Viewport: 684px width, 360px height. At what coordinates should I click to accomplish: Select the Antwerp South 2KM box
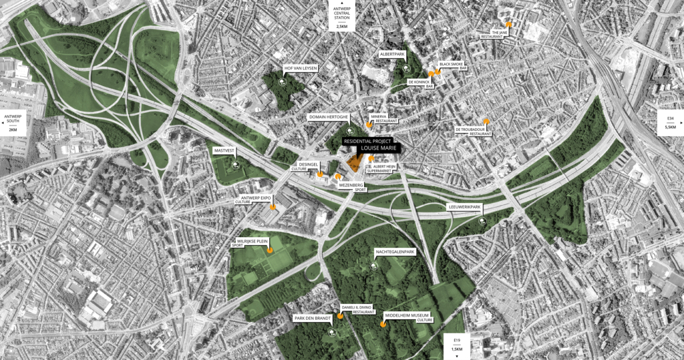[13, 122]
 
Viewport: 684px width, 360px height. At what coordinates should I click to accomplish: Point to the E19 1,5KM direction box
[457, 345]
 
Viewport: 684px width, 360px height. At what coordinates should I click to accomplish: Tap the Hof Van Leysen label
[301, 68]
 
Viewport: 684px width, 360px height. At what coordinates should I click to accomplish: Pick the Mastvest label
[224, 151]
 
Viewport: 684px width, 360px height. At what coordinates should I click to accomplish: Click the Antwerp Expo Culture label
[256, 199]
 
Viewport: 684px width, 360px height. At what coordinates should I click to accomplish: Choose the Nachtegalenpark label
[395, 252]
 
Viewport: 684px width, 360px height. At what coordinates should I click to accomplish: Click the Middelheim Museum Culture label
[409, 316]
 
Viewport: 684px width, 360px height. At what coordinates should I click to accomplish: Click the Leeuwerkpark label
[464, 207]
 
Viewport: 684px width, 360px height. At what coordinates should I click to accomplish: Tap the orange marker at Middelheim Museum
[383, 324]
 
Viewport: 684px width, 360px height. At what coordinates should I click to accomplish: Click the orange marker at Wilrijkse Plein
[270, 250]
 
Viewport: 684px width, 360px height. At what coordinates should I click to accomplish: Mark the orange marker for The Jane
[509, 24]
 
